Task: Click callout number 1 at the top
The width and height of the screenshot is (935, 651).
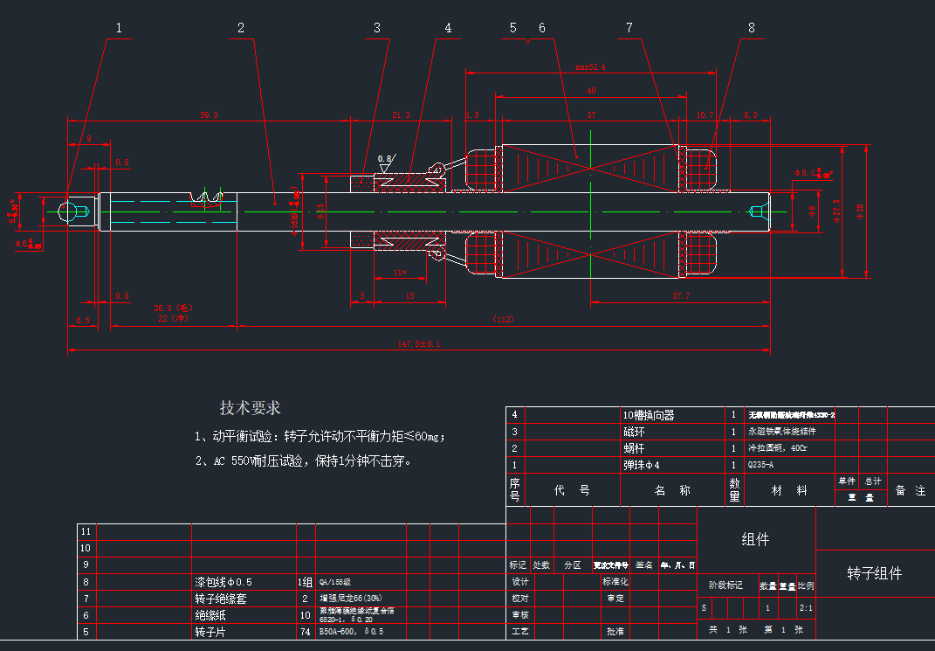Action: (119, 28)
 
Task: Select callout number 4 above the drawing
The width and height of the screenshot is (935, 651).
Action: (448, 28)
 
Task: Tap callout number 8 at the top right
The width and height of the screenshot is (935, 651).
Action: (751, 28)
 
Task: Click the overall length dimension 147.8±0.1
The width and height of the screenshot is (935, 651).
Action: (419, 344)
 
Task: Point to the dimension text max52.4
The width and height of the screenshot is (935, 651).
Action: (590, 66)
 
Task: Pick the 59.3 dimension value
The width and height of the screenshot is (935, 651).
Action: (209, 114)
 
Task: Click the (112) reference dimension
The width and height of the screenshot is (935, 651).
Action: (503, 319)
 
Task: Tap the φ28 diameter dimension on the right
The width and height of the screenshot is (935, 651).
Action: (861, 211)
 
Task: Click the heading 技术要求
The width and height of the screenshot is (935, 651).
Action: (250, 408)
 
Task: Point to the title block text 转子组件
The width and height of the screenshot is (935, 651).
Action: (874, 574)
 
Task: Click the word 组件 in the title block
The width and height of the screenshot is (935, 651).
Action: (755, 539)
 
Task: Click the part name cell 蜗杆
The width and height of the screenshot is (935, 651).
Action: (636, 448)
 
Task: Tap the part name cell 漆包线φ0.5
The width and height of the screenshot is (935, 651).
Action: (223, 582)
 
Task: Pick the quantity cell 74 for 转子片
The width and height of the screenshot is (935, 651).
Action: (305, 631)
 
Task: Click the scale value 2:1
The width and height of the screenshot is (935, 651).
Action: (806, 607)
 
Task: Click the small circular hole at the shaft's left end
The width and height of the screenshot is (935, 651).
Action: (66, 211)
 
